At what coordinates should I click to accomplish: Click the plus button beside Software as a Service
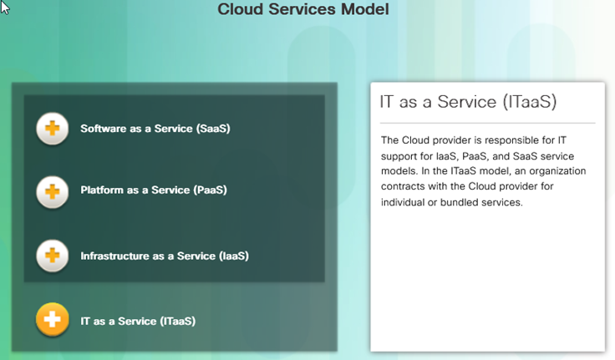(52, 129)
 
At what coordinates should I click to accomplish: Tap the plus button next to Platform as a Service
(52, 192)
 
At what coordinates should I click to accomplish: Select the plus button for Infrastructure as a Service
(52, 256)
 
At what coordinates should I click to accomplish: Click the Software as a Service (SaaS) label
(155, 129)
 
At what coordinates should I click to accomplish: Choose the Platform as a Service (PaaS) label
(154, 190)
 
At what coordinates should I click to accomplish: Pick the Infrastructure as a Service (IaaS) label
(165, 256)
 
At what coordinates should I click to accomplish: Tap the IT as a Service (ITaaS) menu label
(138, 322)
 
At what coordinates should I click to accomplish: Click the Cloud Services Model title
(303, 9)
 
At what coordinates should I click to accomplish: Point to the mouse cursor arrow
(5, 7)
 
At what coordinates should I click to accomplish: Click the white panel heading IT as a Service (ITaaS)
(468, 102)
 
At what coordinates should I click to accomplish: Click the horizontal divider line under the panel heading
(487, 123)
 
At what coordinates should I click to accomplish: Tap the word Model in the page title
(365, 9)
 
